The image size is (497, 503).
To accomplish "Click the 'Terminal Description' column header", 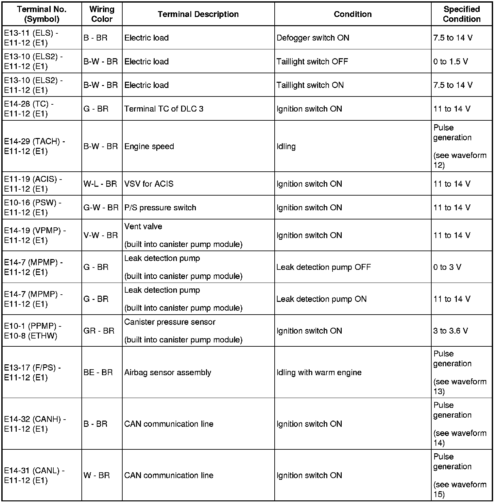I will click(198, 14).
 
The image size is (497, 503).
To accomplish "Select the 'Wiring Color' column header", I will click(102, 14).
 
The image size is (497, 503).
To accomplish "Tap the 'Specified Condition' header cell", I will click(461, 14).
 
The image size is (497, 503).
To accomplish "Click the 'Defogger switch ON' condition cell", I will click(313, 38).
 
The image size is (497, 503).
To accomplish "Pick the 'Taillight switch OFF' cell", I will click(312, 61).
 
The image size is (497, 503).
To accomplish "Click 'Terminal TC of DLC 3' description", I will click(164, 109).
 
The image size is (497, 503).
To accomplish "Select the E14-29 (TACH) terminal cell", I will click(35, 146).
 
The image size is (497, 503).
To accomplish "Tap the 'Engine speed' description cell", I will click(149, 146).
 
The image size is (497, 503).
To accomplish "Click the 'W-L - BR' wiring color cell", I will click(100, 184).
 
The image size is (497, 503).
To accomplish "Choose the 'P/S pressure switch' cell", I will click(160, 208).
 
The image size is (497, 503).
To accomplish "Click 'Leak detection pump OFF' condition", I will click(324, 267).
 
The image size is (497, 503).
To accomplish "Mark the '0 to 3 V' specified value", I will click(447, 267).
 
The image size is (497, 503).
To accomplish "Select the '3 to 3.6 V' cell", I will click(451, 331).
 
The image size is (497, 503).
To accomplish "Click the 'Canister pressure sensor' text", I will click(170, 322).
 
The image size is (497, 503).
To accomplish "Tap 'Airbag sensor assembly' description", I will click(168, 373).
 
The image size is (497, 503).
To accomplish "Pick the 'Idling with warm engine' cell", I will click(319, 373).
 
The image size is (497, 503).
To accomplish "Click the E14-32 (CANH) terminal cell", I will click(35, 424).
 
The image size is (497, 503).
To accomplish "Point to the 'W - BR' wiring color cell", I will click(97, 475).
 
